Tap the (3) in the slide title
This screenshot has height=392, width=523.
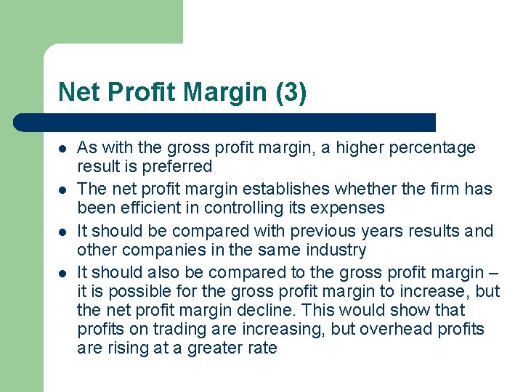click(291, 93)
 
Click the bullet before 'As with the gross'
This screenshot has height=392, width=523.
click(62, 148)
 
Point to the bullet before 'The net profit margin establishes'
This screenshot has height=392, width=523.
click(62, 189)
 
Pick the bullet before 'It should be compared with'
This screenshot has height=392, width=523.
click(62, 232)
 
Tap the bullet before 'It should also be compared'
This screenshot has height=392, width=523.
click(62, 273)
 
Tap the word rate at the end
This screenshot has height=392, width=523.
click(262, 348)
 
